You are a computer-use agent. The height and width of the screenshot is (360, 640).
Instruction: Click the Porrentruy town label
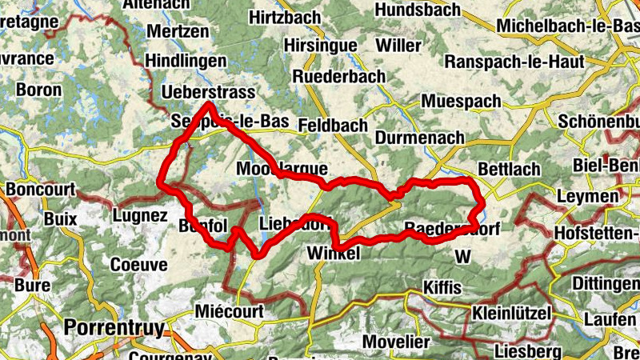pos(113,328)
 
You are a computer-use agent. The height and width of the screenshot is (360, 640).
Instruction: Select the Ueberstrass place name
pos(208,93)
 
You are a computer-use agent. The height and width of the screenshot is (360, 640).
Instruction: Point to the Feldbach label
pos(332,126)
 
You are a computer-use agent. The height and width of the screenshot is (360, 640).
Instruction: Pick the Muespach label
pos(461,102)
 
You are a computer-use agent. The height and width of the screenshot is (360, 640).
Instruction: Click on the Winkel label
pos(334,254)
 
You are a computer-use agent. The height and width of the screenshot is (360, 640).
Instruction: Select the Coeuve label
pos(138,265)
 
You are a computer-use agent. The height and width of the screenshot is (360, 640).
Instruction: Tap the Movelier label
pos(396,342)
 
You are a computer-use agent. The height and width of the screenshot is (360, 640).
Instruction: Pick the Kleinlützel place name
pos(512,312)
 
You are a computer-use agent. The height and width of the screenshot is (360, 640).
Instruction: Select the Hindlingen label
pos(185,61)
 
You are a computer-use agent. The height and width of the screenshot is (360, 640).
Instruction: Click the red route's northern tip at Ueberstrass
pos(209,105)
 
